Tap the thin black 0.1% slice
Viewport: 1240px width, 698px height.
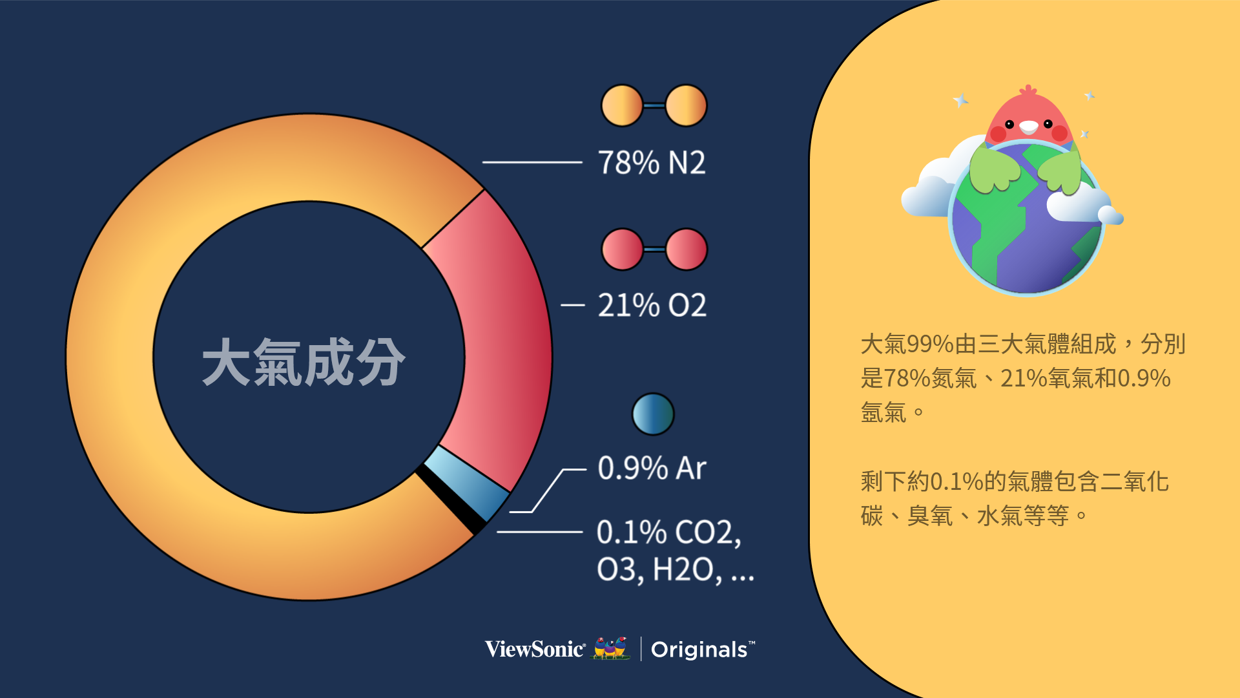tap(451, 500)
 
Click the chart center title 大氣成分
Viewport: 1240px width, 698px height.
tap(304, 362)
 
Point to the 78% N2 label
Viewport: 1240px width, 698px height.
tap(652, 162)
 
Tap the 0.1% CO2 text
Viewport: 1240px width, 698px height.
tap(668, 533)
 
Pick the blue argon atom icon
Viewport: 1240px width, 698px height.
tap(653, 414)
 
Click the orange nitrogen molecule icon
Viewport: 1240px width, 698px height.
tap(654, 105)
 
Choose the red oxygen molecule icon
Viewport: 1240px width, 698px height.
tap(654, 249)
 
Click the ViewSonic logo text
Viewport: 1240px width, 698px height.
tap(535, 649)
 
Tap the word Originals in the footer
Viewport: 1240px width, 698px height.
tap(699, 650)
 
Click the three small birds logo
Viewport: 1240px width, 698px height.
tap(611, 648)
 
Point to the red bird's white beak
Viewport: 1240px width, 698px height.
tap(1028, 127)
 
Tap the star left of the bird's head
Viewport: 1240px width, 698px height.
tap(961, 100)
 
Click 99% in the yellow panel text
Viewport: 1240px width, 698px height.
tap(931, 344)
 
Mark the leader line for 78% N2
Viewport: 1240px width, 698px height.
tap(532, 162)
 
